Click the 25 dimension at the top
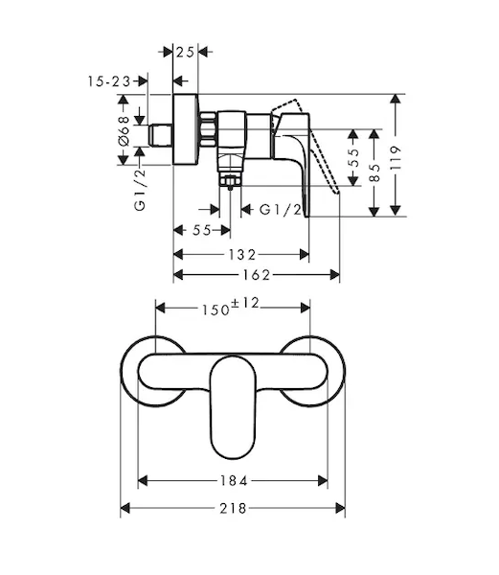(185, 53)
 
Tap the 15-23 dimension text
(109, 81)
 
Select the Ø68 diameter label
(125, 130)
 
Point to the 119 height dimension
(396, 158)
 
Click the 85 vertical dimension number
(374, 172)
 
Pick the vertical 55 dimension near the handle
(353, 157)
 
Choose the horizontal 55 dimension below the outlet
(202, 230)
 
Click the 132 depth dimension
(241, 254)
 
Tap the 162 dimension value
(257, 275)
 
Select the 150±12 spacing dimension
(231, 307)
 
